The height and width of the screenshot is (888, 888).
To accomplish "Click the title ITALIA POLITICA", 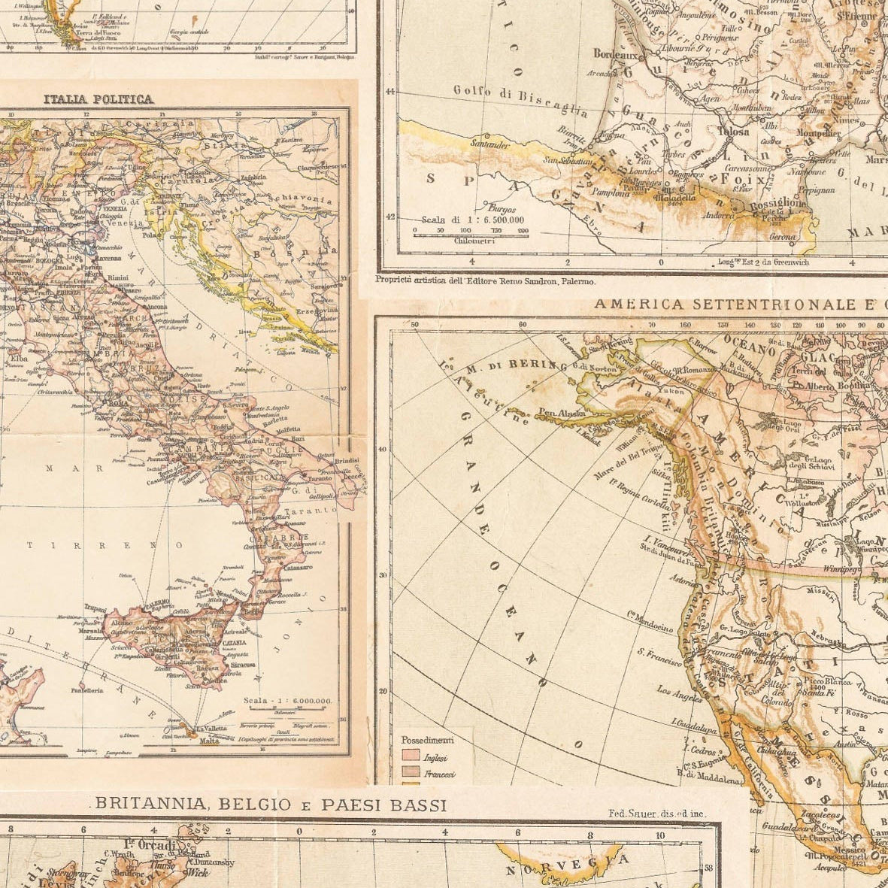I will (98, 98).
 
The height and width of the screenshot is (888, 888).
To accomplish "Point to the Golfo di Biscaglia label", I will (520, 101).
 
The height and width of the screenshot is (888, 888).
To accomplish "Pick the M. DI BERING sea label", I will (515, 366).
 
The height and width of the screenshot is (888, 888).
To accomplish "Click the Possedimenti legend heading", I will (427, 740).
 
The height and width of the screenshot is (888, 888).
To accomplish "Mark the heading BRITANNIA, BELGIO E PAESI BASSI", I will (271, 805).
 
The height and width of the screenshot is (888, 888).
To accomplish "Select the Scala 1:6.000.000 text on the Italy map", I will (287, 700).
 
